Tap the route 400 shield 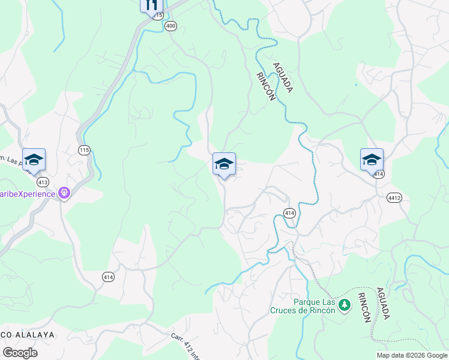click(x=171, y=26)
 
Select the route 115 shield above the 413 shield click(x=84, y=149)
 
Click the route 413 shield click(x=42, y=181)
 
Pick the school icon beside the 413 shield click(x=34, y=159)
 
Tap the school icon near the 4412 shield click(x=372, y=159)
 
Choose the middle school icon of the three click(x=224, y=163)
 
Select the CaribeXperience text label click(x=27, y=193)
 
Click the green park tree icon click(x=345, y=305)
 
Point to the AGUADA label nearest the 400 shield click(x=282, y=77)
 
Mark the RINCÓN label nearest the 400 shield click(x=265, y=86)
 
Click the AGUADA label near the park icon click(x=383, y=304)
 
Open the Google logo click(x=20, y=353)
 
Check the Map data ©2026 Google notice click(x=411, y=355)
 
